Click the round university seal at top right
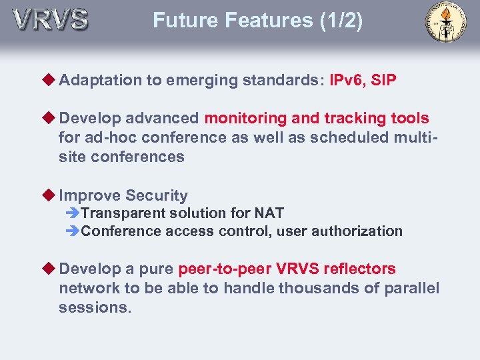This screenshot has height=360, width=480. [x=446, y=22]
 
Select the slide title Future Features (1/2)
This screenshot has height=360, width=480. [x=258, y=21]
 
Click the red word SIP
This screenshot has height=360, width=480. [x=384, y=81]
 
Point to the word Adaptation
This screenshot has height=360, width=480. [x=101, y=81]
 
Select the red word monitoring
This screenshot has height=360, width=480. [x=246, y=119]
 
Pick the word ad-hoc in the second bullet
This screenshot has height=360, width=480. [x=109, y=138]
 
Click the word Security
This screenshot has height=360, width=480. [x=157, y=196]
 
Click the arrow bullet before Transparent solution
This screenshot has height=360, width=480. [x=73, y=213]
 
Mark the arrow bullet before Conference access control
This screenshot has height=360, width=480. [x=73, y=231]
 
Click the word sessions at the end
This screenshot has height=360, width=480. [x=95, y=308]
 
